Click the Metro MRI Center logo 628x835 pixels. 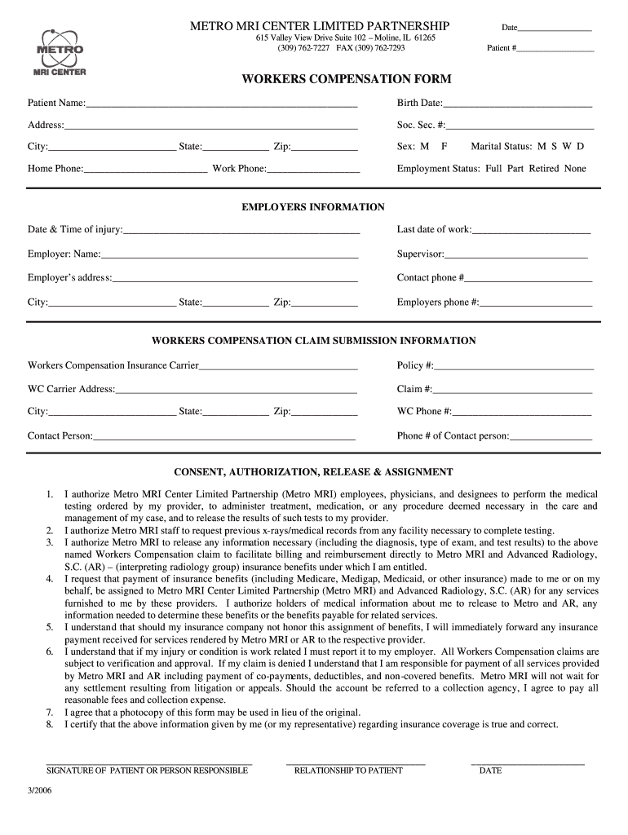coord(60,53)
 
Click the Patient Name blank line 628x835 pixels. coord(222,105)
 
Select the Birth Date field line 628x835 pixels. coord(517,105)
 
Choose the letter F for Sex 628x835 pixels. coord(444,147)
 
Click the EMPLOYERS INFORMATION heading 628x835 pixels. coord(313,208)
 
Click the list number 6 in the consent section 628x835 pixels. coord(50,652)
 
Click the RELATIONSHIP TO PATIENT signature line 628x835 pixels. coord(356,763)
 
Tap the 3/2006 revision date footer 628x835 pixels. coord(39,800)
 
